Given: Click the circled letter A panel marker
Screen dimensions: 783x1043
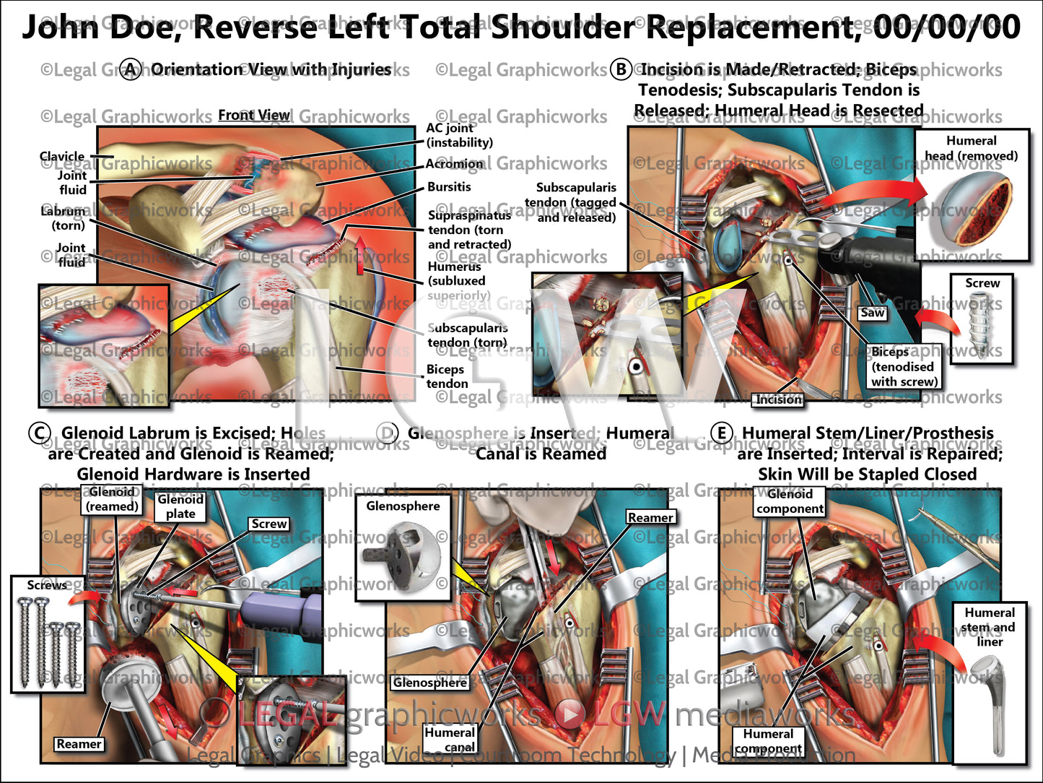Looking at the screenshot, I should click(x=131, y=70).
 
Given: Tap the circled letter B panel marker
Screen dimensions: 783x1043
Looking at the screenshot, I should click(x=621, y=69).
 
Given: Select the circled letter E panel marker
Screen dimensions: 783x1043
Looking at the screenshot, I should click(x=721, y=433).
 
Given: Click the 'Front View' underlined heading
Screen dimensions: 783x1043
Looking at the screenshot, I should click(x=254, y=116).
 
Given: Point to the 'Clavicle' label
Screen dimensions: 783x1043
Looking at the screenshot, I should click(x=62, y=157).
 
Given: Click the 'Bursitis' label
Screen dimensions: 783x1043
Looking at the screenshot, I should click(x=449, y=187).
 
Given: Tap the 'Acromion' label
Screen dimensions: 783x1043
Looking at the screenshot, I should click(x=454, y=164).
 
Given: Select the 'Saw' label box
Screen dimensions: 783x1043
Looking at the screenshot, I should click(x=872, y=313).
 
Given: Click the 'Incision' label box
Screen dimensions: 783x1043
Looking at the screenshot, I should click(x=779, y=399).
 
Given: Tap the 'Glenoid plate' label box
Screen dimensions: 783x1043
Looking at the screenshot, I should click(x=180, y=506).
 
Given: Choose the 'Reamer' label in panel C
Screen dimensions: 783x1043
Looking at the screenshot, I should click(x=79, y=744).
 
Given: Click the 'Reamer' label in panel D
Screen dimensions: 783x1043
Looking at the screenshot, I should click(x=650, y=517).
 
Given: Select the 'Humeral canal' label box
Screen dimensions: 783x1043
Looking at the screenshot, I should click(x=450, y=739).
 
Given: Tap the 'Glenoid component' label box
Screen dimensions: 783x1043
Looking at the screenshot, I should click(x=790, y=501).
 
